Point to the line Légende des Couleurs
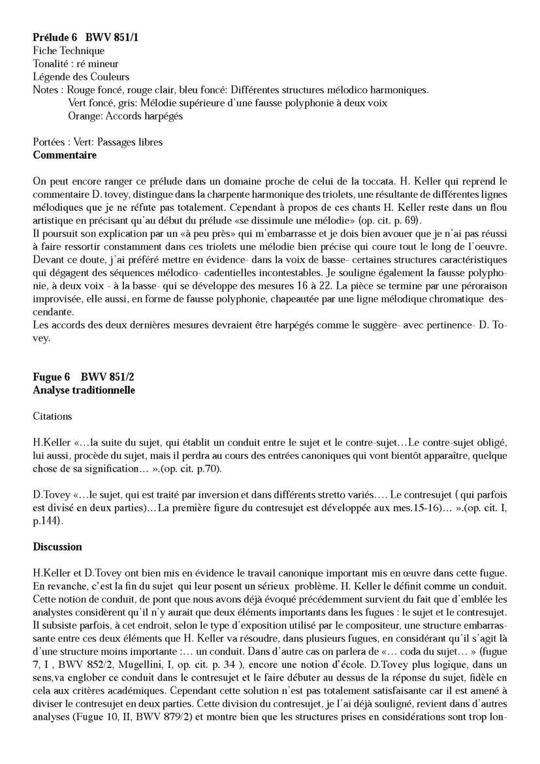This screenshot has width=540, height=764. (x=81, y=76)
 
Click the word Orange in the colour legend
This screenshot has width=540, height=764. (x=84, y=116)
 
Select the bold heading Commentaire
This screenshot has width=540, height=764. (x=65, y=155)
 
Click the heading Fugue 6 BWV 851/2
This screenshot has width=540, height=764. (x=84, y=377)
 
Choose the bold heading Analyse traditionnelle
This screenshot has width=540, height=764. (x=84, y=390)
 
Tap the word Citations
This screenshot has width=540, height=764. (x=52, y=416)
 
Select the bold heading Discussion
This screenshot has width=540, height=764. (x=57, y=547)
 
